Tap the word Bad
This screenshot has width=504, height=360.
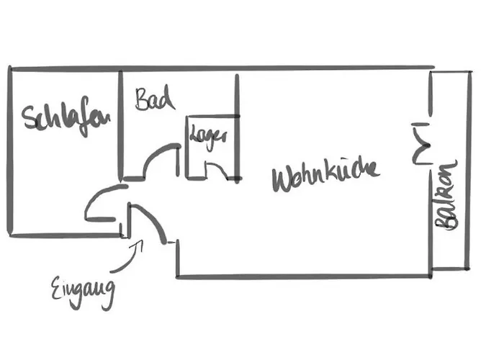[x=154, y=99]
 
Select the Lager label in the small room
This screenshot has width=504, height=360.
[x=208, y=136]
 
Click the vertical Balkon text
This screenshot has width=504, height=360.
[x=447, y=194]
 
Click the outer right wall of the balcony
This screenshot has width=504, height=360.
[x=469, y=169]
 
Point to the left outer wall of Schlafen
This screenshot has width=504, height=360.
[x=10, y=151]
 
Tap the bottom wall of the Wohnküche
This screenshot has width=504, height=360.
[x=302, y=276]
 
